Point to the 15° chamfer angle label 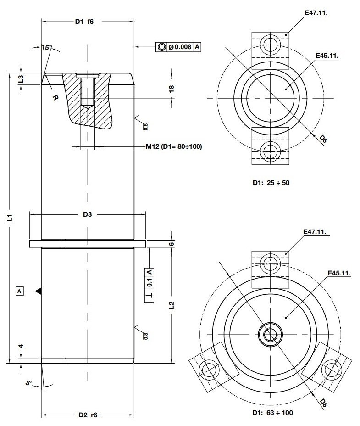coord(46,48)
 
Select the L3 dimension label coord(21,79)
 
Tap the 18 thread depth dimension coord(172,88)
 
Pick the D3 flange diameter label coord(88,214)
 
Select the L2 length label coord(171,305)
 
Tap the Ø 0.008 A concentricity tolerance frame coord(179,47)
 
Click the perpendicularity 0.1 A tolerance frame coord(150,283)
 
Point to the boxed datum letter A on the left coord(20,291)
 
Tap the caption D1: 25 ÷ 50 coord(271,182)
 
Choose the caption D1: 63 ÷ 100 coord(272,413)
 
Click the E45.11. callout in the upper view coord(327,56)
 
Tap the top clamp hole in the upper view coord(271,45)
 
